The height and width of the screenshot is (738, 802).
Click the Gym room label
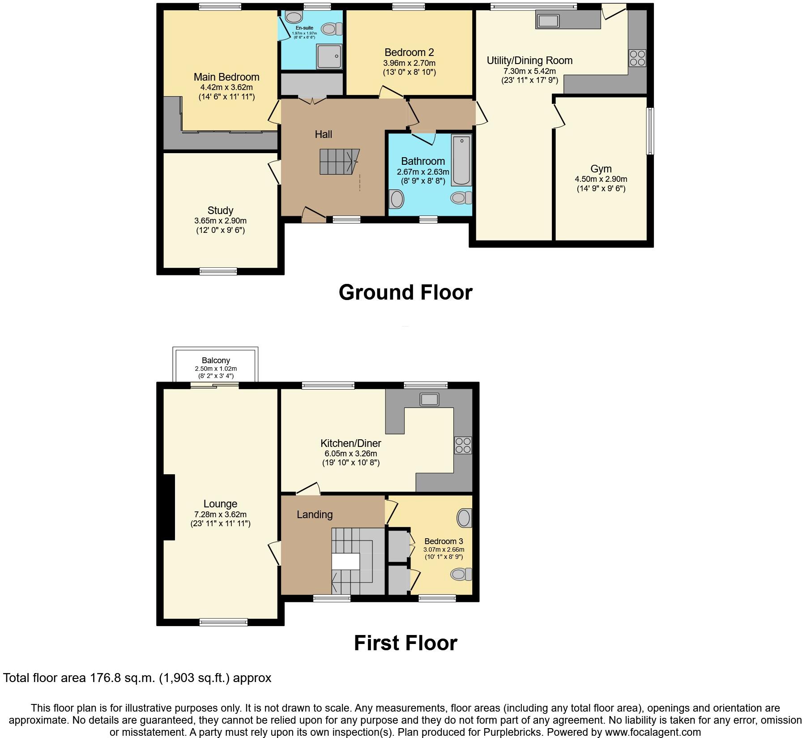point(601,169)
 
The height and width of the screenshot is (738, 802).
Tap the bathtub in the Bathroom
point(461,160)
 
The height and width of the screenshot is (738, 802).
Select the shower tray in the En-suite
point(329,56)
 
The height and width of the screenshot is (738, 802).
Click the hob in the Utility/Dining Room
point(637,57)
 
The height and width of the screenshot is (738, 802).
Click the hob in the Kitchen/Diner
point(463,445)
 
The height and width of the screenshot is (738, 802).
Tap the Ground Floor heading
point(405,292)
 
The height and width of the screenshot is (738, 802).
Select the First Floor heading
point(405,643)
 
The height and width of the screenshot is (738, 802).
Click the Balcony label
point(216,360)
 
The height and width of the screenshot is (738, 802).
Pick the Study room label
point(220,210)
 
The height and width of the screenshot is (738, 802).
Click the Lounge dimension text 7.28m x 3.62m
point(220,515)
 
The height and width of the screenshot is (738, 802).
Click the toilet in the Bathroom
point(461,197)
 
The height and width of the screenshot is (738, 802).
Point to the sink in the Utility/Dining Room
point(548,21)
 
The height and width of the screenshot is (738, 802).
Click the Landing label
point(315,515)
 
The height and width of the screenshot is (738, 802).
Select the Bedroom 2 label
point(409,52)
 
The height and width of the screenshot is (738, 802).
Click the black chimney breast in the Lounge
point(169,507)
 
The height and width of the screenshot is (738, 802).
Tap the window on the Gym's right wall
point(650,131)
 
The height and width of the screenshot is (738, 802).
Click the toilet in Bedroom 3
point(461,574)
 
